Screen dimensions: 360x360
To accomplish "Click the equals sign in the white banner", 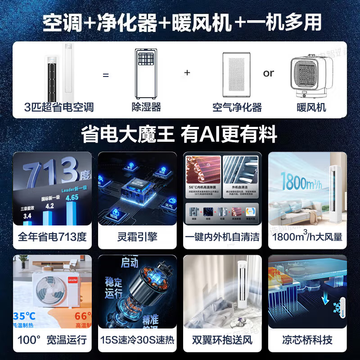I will click(106, 75).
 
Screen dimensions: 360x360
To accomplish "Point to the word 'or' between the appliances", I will click(269, 73).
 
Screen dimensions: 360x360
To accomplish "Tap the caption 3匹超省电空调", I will click(59, 107).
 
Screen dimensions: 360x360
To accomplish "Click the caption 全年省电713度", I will click(52, 237).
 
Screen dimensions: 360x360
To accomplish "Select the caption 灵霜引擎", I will click(137, 237).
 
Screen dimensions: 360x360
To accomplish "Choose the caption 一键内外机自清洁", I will click(222, 237).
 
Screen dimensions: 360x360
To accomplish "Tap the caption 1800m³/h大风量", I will click(307, 237).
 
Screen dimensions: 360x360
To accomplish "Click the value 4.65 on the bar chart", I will click(72, 197).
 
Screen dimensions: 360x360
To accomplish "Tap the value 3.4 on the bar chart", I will click(28, 216).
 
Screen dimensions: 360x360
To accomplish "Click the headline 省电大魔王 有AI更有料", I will click(180, 134).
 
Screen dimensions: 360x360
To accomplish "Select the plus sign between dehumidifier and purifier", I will click(187, 73).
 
